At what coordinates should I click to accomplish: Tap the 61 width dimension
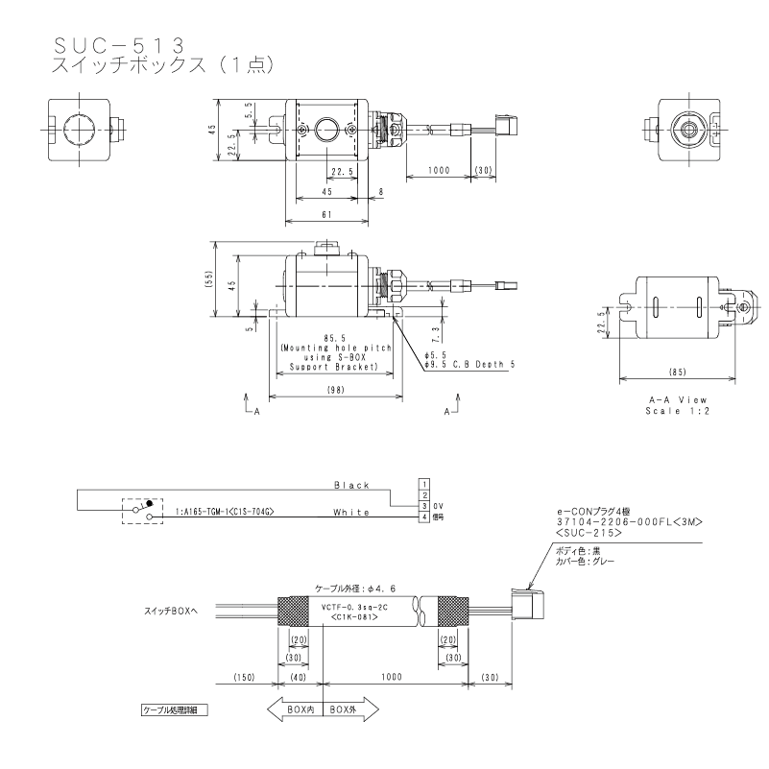(x=326, y=215)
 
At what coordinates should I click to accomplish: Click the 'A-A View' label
(x=679, y=397)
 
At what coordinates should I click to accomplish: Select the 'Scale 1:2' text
(x=679, y=409)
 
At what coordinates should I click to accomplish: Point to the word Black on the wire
(x=351, y=486)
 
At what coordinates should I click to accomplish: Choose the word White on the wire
(x=351, y=513)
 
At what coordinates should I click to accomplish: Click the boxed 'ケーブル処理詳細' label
(x=174, y=710)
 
